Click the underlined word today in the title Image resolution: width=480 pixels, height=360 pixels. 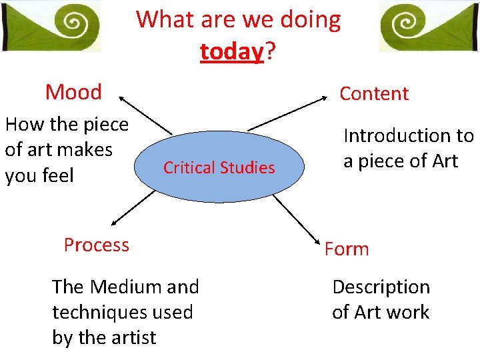tap(231, 51)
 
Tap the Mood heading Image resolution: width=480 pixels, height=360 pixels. tap(73, 92)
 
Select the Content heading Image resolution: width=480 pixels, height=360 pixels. tap(373, 93)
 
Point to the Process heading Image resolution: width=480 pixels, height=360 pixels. tap(97, 245)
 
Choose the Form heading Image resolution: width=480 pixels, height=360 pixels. tap(347, 249)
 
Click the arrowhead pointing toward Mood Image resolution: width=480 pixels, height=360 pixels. tap(123, 101)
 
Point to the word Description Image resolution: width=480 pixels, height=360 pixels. tap(381, 287)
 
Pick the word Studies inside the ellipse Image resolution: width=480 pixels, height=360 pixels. tap(248, 168)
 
